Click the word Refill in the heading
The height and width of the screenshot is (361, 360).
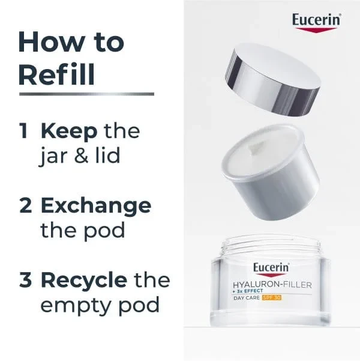pyautogui.click(x=56, y=74)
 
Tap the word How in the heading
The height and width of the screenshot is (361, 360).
pyautogui.click(x=51, y=42)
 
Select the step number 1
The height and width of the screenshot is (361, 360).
pyautogui.click(x=24, y=131)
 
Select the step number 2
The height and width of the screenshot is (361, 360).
pyautogui.click(x=26, y=205)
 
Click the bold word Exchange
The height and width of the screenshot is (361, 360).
pyautogui.click(x=96, y=207)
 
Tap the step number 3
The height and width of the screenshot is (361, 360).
pyautogui.click(x=26, y=280)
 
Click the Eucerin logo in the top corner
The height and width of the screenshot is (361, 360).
pyautogui.click(x=317, y=22)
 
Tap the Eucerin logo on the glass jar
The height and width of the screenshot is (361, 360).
pyautogui.click(x=271, y=270)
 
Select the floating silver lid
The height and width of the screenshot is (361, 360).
pyautogui.click(x=272, y=79)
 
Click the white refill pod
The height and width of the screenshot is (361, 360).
pyautogui.click(x=270, y=172)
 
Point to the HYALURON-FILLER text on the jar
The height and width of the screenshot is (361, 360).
pyautogui.click(x=272, y=285)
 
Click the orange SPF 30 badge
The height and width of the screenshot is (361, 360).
pyautogui.click(x=272, y=298)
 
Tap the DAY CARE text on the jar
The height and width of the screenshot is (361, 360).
pyautogui.click(x=247, y=298)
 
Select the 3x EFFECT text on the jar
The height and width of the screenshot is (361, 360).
pyautogui.click(x=248, y=291)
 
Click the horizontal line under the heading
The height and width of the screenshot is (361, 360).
pyautogui.click(x=86, y=94)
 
